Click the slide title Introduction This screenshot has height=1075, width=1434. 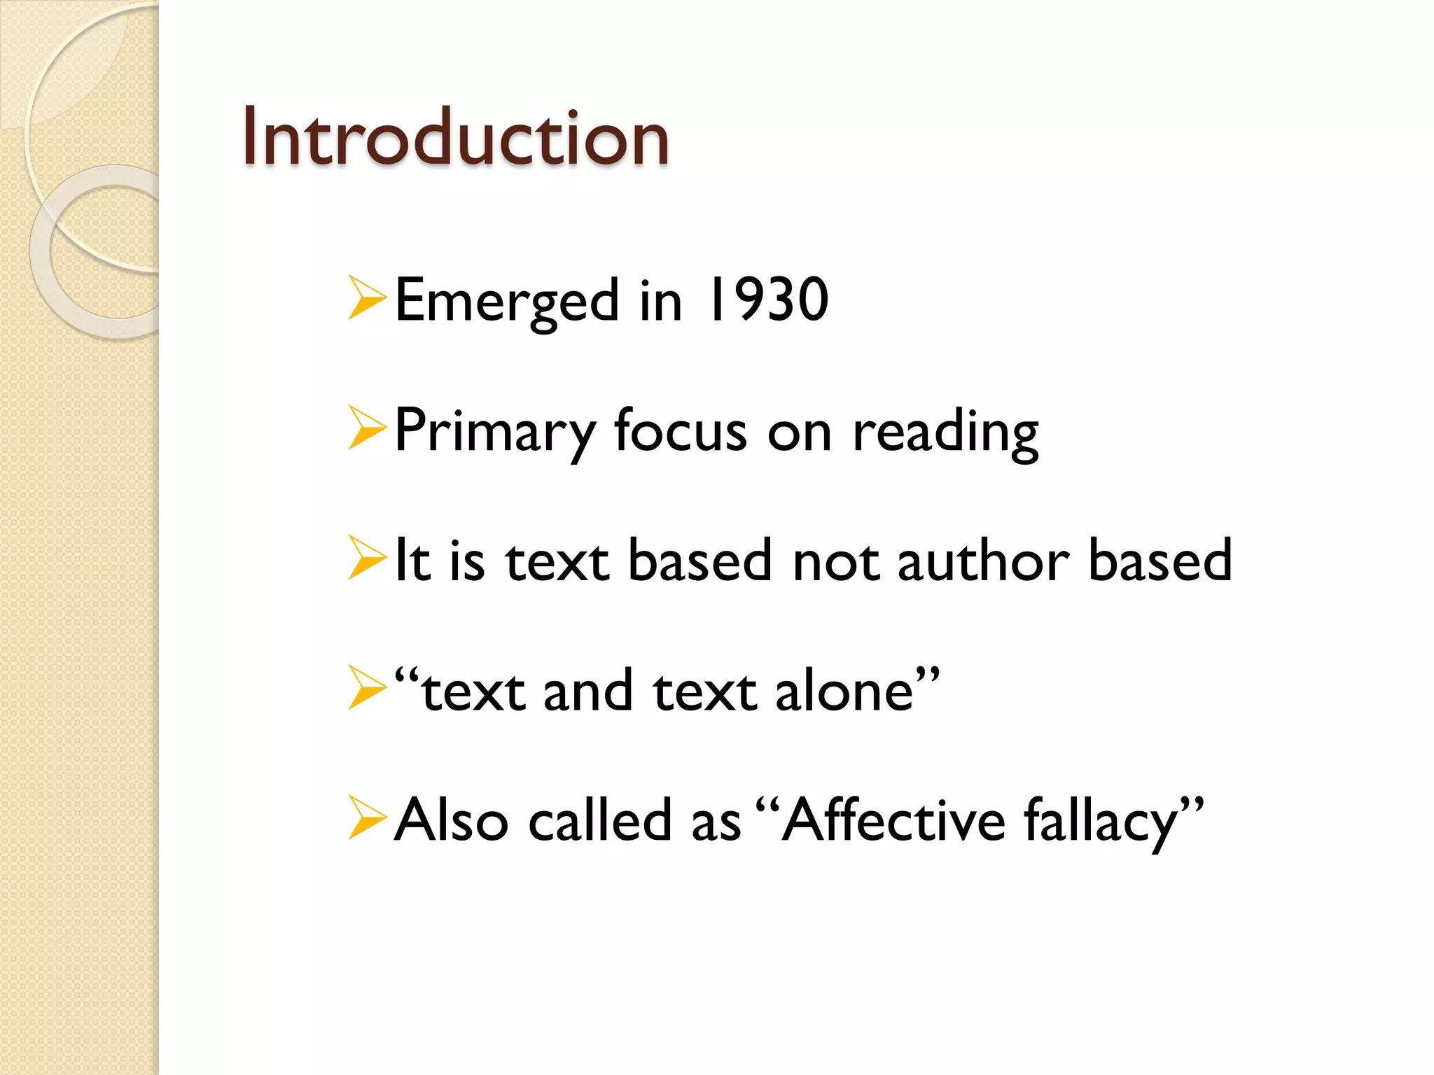coord(456,138)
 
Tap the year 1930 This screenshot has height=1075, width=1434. coord(768,300)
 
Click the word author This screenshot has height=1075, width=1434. coord(983,561)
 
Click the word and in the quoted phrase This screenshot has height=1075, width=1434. coord(587,691)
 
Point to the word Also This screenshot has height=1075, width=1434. coord(451,820)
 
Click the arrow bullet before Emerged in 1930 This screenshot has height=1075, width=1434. coord(367,299)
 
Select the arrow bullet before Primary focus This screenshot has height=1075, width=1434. coord(367,428)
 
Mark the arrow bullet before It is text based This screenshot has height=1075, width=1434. coord(367,558)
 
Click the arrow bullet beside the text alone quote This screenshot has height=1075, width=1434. coord(367,689)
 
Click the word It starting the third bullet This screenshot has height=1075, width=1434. coord(412,561)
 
